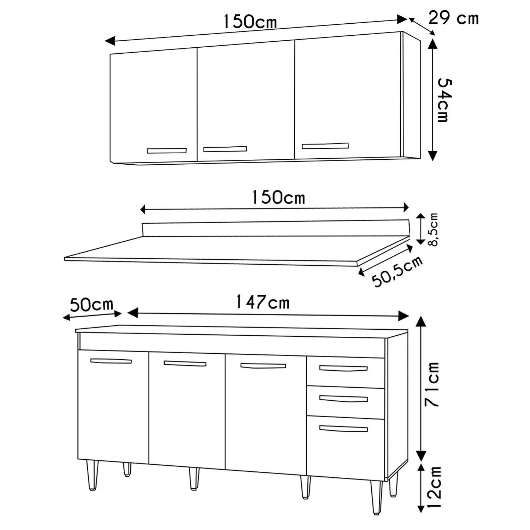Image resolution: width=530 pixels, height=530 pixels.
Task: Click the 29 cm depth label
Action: click(454, 18)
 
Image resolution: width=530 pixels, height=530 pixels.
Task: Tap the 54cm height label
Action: click(444, 100)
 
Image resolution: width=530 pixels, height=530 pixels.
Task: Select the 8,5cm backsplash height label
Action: click(434, 229)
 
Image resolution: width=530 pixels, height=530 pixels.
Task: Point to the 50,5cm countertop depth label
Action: click(397, 271)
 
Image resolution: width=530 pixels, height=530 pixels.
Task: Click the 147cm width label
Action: click(263, 302)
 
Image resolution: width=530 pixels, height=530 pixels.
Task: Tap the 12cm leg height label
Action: click(434, 487)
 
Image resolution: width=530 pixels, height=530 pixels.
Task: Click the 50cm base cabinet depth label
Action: click(92, 305)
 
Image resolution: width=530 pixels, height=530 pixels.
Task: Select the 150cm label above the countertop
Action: click(278, 198)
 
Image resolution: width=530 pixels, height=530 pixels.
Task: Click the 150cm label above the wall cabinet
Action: click(250, 22)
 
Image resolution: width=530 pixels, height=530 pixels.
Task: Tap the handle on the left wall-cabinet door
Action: click(167, 151)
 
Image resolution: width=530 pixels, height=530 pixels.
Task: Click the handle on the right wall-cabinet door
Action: click(325, 146)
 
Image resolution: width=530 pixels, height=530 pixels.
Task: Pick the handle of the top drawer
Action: click(343, 369)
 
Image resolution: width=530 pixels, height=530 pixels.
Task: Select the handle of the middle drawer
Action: click(343, 399)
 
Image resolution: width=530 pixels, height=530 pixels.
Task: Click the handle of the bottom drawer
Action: click(343, 429)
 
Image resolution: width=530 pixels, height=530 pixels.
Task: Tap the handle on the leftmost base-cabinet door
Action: click(111, 361)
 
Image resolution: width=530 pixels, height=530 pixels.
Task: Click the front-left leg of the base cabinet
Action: click(93, 475)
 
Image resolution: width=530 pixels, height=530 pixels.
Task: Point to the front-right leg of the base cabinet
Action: click(377, 496)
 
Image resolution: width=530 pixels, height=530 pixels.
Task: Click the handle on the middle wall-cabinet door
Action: click(225, 149)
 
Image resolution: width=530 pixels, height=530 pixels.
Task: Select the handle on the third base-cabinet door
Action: click(263, 366)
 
